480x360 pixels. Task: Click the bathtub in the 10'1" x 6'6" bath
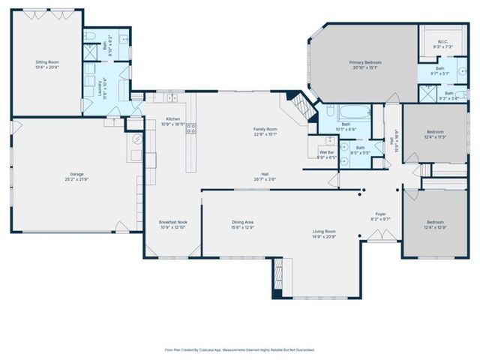point(351,114)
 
